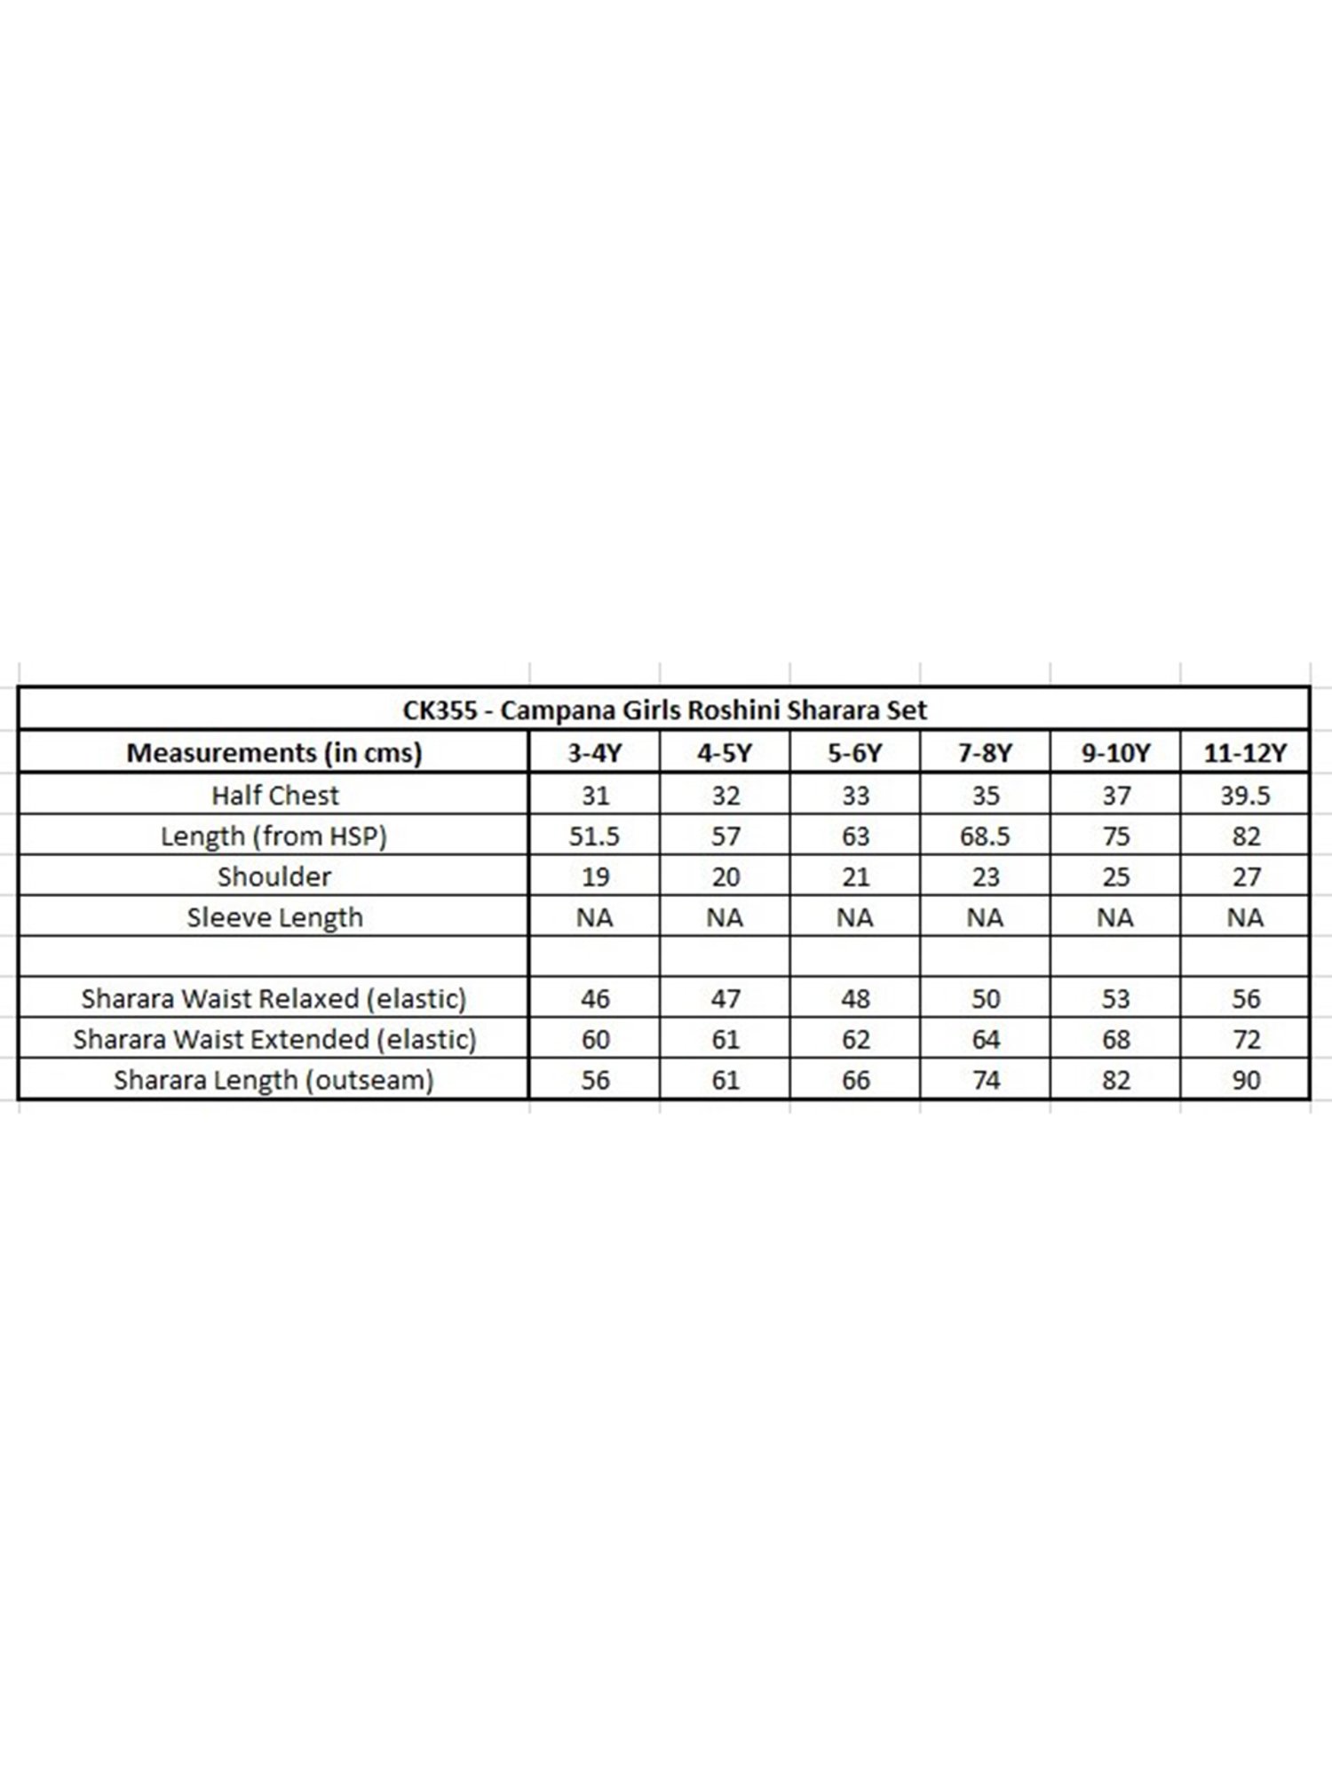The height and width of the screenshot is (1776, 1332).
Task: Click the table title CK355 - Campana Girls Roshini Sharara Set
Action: pyautogui.click(x=664, y=710)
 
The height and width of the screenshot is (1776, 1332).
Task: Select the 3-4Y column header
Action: pyautogui.click(x=595, y=753)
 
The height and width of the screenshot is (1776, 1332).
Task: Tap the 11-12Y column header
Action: pyautogui.click(x=1245, y=753)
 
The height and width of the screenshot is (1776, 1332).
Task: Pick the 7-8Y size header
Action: pyautogui.click(x=985, y=753)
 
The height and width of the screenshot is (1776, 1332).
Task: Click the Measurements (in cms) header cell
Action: pyautogui.click(x=274, y=753)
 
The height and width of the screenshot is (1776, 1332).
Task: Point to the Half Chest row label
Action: pyautogui.click(x=274, y=795)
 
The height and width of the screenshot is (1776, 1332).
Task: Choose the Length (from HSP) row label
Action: pyautogui.click(x=274, y=836)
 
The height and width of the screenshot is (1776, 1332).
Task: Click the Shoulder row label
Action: pyautogui.click(x=274, y=876)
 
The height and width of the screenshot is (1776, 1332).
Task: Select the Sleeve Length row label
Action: pyautogui.click(x=274, y=917)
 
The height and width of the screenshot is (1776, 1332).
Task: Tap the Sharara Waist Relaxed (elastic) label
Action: pyautogui.click(x=274, y=999)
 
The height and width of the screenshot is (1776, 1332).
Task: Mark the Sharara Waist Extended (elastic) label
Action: pyautogui.click(x=274, y=1039)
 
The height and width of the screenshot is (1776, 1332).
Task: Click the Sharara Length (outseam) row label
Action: pyautogui.click(x=274, y=1080)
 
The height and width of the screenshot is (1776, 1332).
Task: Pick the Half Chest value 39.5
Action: pyautogui.click(x=1245, y=795)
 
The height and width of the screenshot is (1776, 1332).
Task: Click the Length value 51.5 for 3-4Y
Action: pyautogui.click(x=595, y=836)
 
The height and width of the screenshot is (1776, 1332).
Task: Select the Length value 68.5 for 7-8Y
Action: pyautogui.click(x=985, y=836)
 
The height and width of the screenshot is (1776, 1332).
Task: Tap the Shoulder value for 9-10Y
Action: pyautogui.click(x=1115, y=876)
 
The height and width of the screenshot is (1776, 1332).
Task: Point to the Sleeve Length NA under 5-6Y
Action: pyautogui.click(x=855, y=917)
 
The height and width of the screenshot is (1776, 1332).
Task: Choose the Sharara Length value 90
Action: pyautogui.click(x=1246, y=1080)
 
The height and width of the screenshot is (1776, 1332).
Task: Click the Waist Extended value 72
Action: pyautogui.click(x=1246, y=1039)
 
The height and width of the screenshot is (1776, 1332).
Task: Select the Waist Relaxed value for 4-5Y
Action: pyautogui.click(x=725, y=999)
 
